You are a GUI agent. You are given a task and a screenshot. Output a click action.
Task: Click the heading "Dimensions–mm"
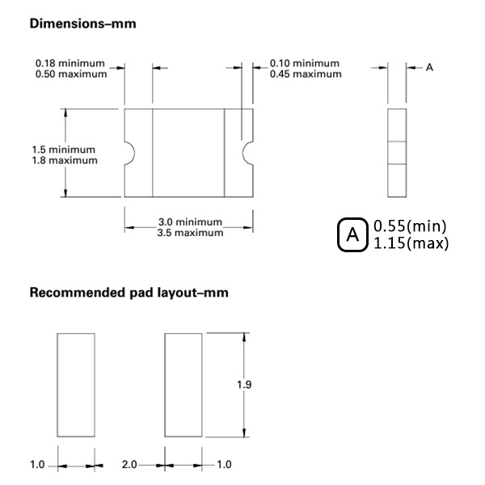pos(82,24)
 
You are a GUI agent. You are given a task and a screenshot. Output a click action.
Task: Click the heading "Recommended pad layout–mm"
pos(129,293)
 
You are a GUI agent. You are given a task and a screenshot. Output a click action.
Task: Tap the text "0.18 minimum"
pos(71,63)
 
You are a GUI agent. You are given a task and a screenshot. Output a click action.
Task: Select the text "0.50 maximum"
pos(71,74)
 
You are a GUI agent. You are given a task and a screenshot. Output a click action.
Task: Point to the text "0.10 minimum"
pos(306,63)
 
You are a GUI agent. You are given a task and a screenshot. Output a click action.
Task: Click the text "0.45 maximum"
pos(306,74)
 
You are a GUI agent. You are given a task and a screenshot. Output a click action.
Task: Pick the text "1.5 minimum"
pos(63,150)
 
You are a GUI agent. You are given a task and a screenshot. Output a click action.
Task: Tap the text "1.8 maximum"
pos(65,160)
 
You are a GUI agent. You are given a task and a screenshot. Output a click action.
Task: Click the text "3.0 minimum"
pos(189,222)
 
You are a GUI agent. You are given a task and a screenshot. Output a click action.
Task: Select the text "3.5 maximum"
pos(190,233)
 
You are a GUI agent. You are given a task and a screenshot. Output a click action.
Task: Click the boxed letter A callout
pos(352,235)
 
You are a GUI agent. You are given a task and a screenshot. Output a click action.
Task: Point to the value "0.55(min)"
pos(410,226)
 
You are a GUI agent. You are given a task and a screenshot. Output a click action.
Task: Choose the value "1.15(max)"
pos(411,243)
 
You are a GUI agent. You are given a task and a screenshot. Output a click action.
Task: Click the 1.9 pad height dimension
pos(244,384)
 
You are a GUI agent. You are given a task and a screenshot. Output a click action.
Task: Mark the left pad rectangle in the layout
pos(76,384)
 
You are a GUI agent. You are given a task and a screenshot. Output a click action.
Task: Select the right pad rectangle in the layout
pos(183,384)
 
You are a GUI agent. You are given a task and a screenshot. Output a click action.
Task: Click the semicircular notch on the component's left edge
pos(129,152)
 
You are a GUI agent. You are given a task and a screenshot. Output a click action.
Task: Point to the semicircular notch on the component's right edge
pos(250,152)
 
